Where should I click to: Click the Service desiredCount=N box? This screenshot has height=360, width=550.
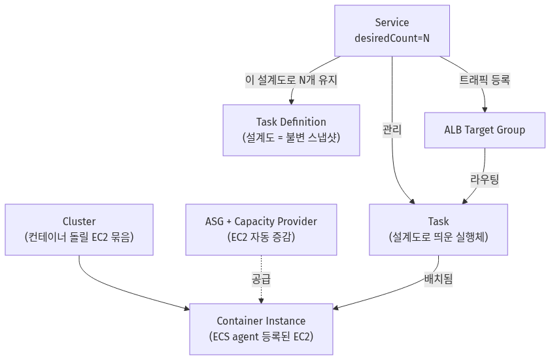tap(392, 31)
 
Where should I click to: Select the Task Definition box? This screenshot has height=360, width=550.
tap(291, 130)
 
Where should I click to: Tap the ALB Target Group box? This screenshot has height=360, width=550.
tap(485, 130)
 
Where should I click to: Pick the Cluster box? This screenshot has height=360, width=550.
tap(79, 230)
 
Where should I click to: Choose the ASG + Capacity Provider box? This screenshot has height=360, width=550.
tap(261, 230)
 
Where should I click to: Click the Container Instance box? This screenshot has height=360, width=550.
tap(261, 329)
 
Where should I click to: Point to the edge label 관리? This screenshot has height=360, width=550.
tap(392, 130)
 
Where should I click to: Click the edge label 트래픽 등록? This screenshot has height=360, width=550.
tap(485, 80)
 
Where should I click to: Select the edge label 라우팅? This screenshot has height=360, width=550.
tap(485, 179)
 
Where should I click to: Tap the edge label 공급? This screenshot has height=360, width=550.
tap(261, 279)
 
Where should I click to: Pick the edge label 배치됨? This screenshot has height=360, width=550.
tap(438, 279)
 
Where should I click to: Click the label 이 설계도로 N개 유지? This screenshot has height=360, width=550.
tap(291, 80)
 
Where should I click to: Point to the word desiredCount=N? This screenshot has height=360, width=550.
tap(392, 38)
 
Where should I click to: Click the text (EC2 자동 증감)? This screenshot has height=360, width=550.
tap(261, 237)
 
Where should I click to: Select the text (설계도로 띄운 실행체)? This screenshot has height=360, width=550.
tap(438, 237)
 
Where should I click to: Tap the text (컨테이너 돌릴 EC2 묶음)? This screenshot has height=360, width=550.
tap(79, 237)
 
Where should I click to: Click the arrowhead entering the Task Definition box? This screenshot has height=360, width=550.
tap(291, 102)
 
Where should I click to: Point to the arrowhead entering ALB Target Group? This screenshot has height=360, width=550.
tap(485, 110)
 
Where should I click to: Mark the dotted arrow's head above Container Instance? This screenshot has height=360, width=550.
tap(261, 301)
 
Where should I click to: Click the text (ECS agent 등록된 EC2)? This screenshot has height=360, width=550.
tap(261, 336)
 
